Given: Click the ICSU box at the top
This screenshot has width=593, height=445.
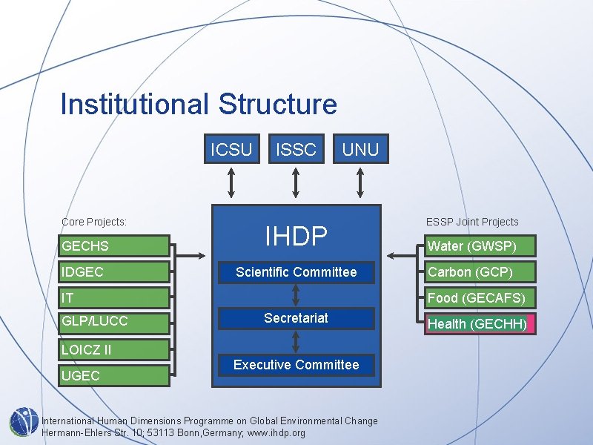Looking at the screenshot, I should pyautogui.click(x=231, y=149).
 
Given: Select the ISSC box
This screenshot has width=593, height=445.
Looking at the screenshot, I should pyautogui.click(x=296, y=149).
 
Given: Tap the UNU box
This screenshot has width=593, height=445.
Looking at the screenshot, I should pyautogui.click(x=360, y=149).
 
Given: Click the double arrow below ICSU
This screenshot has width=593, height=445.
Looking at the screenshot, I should pyautogui.click(x=231, y=182).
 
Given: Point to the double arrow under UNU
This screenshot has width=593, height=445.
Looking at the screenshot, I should pyautogui.click(x=360, y=182).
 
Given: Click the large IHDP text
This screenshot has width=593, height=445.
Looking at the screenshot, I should pyautogui.click(x=296, y=236).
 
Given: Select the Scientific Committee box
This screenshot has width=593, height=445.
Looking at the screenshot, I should pyautogui.click(x=296, y=272).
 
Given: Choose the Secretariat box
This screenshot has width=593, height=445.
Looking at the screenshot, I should pyautogui.click(x=296, y=318).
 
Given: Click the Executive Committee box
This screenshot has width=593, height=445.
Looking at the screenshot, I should pyautogui.click(x=296, y=364).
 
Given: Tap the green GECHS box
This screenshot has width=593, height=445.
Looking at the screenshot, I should pyautogui.click(x=115, y=246).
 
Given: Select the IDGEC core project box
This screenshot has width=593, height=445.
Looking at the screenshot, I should pyautogui.click(x=115, y=272).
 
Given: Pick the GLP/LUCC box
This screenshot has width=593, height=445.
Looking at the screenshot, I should pyautogui.click(x=115, y=321).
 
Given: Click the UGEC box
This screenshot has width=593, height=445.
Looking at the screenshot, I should pyautogui.click(x=115, y=375).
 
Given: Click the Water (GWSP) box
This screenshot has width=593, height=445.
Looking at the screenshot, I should pyautogui.click(x=478, y=246).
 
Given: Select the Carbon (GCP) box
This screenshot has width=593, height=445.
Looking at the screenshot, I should pyautogui.click(x=478, y=272).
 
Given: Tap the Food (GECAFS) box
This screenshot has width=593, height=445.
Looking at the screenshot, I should pyautogui.click(x=478, y=298).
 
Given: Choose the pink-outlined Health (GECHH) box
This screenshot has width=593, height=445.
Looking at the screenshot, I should pyautogui.click(x=478, y=324).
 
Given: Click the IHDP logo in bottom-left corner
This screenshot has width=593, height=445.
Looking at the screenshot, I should pyautogui.click(x=24, y=421).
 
